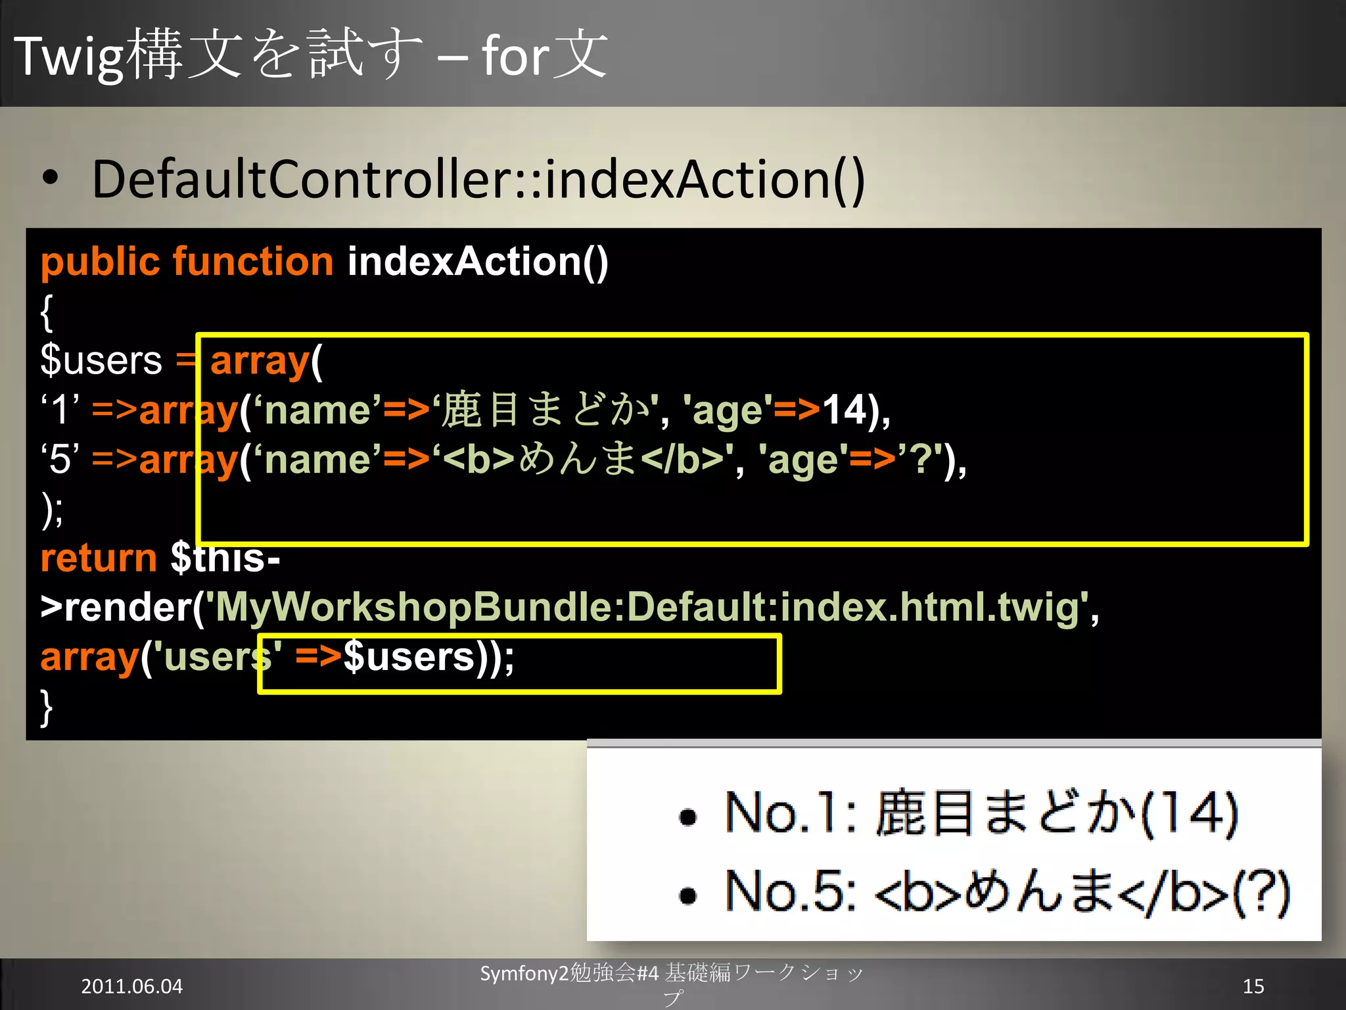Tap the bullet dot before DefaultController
tap(50, 178)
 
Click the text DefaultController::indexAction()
tap(478, 180)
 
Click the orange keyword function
tap(253, 262)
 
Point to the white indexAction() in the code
tap(477, 262)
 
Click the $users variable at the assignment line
tap(101, 360)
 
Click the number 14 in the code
tap(844, 410)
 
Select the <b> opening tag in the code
tap(478, 459)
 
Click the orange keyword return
tap(99, 558)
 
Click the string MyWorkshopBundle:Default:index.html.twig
tap(647, 607)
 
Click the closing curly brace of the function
tap(46, 708)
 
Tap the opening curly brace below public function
tap(46, 313)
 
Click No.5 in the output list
tap(789, 892)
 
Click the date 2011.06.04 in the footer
tap(131, 986)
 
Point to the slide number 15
tap(1253, 986)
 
